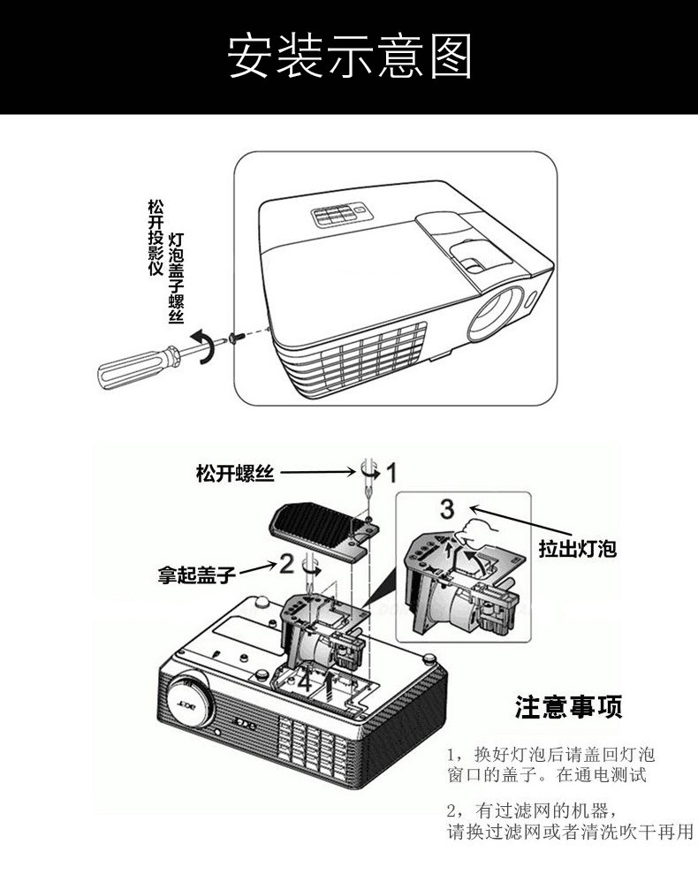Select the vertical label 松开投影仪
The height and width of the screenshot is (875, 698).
(x=156, y=237)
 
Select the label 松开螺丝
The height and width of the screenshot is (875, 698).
(x=235, y=474)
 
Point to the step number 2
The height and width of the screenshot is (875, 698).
(x=286, y=562)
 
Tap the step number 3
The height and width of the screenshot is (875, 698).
(x=447, y=509)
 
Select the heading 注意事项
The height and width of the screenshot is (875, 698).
(x=569, y=707)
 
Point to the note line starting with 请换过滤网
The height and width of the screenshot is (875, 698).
(x=569, y=833)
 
